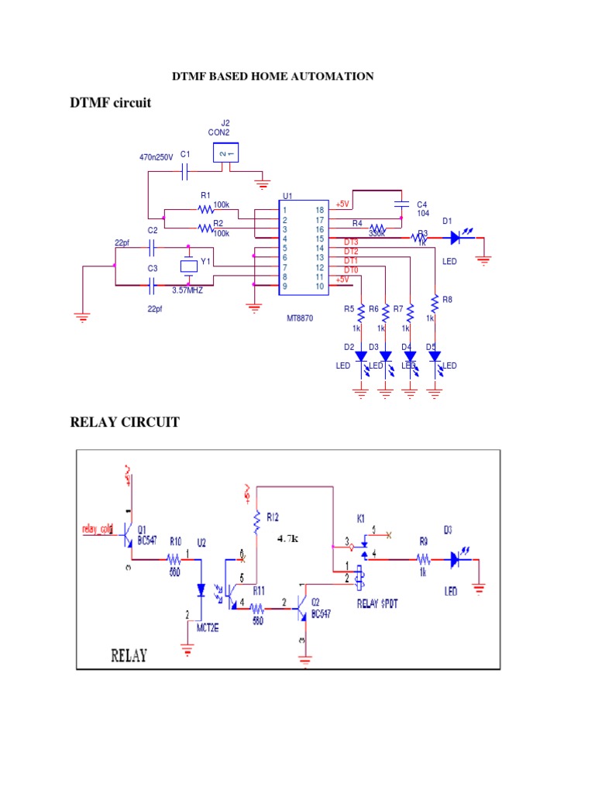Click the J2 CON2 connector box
(225, 153)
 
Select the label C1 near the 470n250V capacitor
(185, 155)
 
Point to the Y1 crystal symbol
(189, 266)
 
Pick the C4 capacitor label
(422, 204)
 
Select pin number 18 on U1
(318, 210)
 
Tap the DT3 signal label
(351, 242)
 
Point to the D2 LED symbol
(360, 356)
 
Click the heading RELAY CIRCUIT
(125, 422)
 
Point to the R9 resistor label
(423, 542)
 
